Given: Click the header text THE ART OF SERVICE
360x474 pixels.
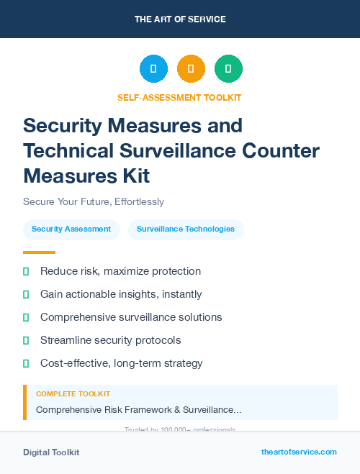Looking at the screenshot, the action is click(x=180, y=19).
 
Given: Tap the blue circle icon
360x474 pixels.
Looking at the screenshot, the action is click(x=153, y=69).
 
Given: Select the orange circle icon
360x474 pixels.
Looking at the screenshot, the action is click(x=191, y=69).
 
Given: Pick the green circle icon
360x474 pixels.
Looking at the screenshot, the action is click(x=228, y=69).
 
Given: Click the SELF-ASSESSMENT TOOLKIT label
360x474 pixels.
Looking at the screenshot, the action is click(x=179, y=97).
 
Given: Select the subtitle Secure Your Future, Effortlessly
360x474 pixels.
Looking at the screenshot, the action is click(x=94, y=201).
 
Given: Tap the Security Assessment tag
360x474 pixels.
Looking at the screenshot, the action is click(x=71, y=229).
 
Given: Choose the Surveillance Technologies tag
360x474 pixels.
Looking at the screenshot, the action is click(x=186, y=229).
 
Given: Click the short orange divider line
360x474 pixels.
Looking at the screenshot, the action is click(x=39, y=252).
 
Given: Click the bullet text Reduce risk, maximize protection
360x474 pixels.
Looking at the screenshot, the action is click(x=120, y=271).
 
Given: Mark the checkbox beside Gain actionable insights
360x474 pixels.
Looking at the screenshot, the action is click(x=26, y=294).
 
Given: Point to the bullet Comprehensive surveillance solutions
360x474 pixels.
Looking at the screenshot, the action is click(x=131, y=317).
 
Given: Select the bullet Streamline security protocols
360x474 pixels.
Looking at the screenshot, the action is click(x=110, y=340).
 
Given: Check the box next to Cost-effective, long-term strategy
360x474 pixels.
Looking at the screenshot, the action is click(x=26, y=363).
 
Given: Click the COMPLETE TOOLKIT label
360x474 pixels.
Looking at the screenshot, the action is click(x=73, y=394).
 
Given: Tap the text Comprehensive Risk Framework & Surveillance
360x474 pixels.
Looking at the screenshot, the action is click(x=138, y=409).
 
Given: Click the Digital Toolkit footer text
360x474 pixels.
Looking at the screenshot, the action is click(x=51, y=452).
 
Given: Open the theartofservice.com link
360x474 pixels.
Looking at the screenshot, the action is click(x=299, y=452).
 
